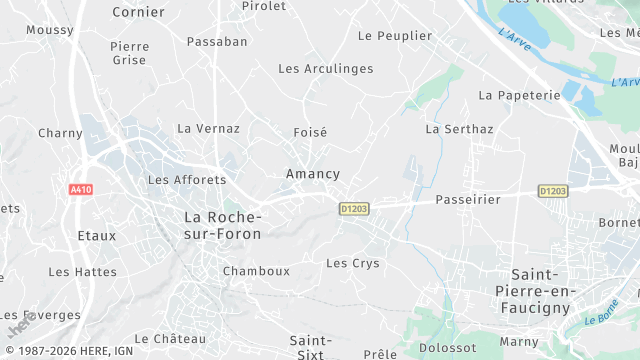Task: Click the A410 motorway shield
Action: point(81,189)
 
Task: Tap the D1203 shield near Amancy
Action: point(353,209)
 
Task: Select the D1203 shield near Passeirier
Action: point(553,190)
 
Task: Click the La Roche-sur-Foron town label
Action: point(222,225)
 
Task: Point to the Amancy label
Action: point(313,173)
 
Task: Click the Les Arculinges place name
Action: point(325,69)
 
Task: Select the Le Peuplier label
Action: point(395,36)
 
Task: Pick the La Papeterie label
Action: point(519,95)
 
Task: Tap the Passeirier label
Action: point(467,199)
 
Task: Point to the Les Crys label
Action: point(353,263)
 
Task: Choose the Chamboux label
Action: point(256,271)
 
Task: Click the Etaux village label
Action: point(96,236)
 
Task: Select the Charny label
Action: point(60,133)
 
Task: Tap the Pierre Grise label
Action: point(129,53)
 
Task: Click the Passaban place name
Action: point(217,42)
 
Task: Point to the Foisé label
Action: point(311,132)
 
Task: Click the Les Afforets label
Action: point(186,180)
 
